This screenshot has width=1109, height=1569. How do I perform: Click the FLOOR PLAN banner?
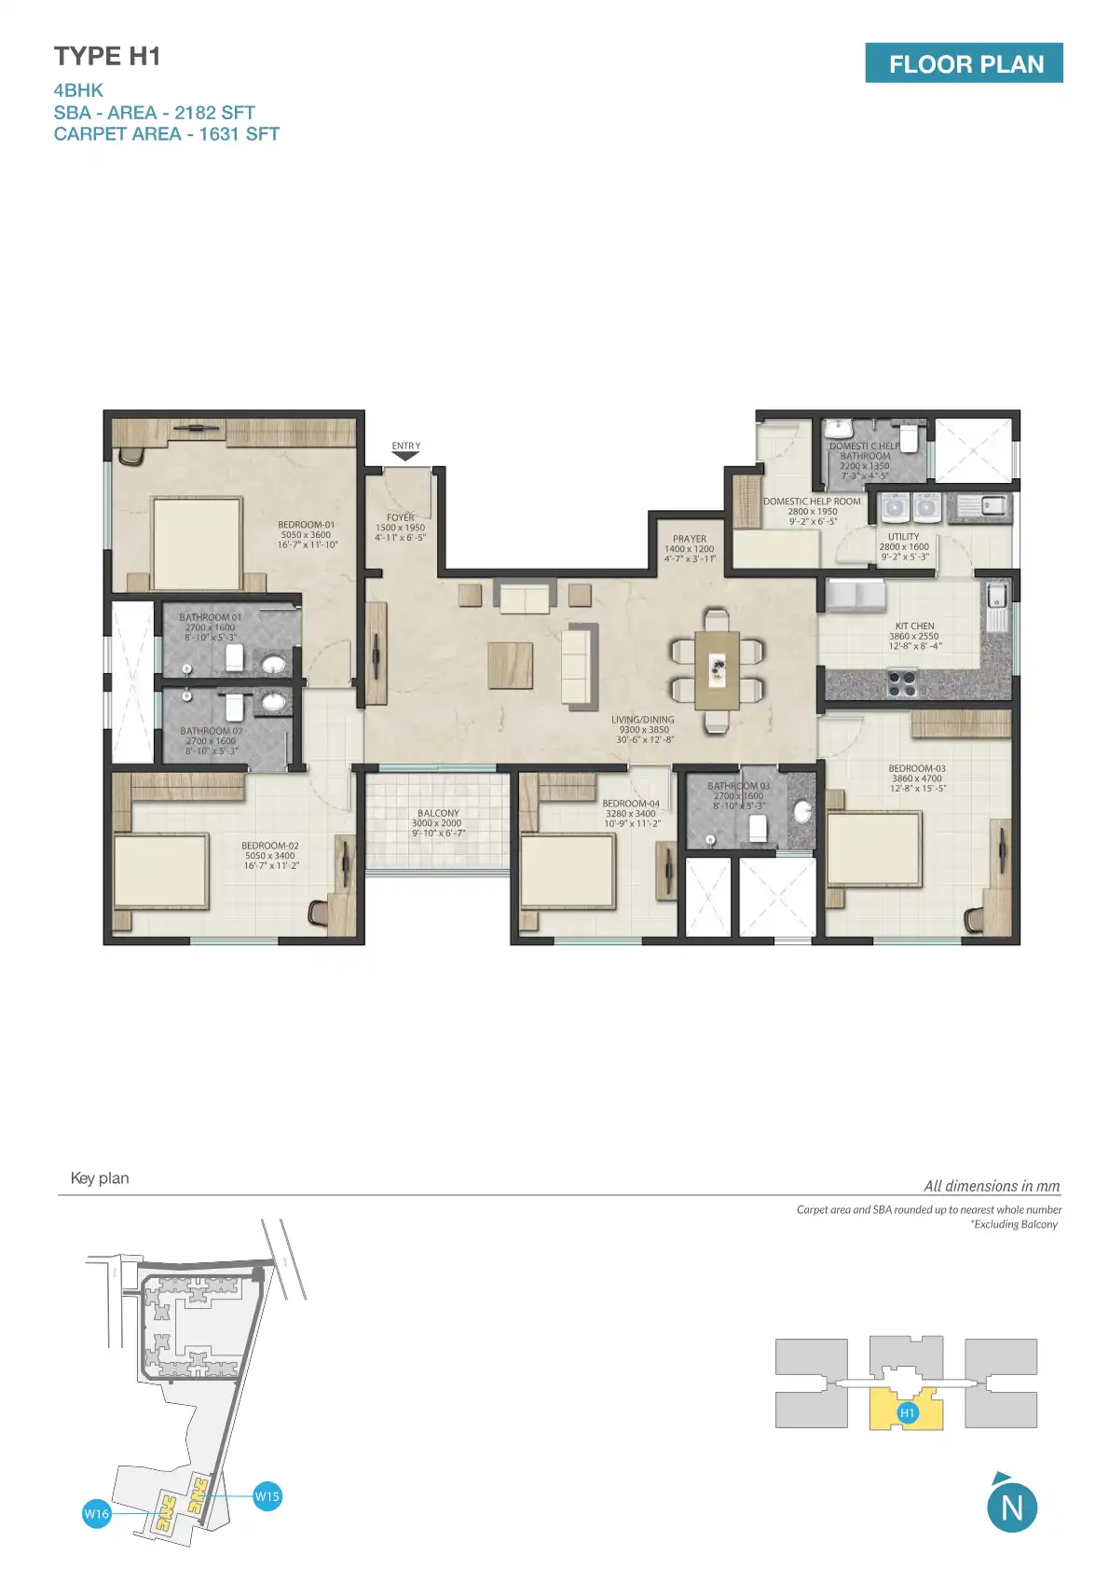[x=964, y=63]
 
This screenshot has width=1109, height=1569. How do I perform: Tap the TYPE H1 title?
[x=107, y=57]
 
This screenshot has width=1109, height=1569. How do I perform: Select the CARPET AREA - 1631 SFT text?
[x=166, y=134]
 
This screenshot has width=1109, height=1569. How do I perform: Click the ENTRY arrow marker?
[x=405, y=455]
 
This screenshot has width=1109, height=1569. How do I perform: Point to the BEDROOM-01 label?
[x=307, y=534]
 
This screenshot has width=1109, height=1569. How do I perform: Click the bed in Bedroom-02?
[x=160, y=871]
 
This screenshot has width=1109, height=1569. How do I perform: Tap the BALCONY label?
[x=438, y=822]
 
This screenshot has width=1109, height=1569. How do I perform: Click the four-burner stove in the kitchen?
[x=901, y=683]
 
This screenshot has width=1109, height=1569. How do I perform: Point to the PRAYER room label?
[x=690, y=548]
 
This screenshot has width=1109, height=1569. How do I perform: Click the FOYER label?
[x=401, y=527]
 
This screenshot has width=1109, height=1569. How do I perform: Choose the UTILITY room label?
[x=903, y=546]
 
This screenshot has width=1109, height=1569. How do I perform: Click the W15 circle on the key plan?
[x=267, y=1496]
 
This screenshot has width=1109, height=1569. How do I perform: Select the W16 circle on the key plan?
[x=97, y=1513]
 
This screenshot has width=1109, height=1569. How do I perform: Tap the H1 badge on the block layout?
[x=907, y=1412]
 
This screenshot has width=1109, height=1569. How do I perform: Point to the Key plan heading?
[x=100, y=1178]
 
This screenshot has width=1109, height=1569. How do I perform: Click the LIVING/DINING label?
[x=643, y=729]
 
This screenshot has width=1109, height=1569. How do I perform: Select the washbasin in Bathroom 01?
[x=273, y=664]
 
